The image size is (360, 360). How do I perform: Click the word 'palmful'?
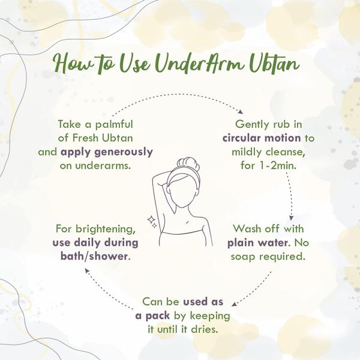115,124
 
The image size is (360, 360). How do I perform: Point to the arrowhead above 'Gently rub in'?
241,112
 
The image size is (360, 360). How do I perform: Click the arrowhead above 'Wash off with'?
291,218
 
